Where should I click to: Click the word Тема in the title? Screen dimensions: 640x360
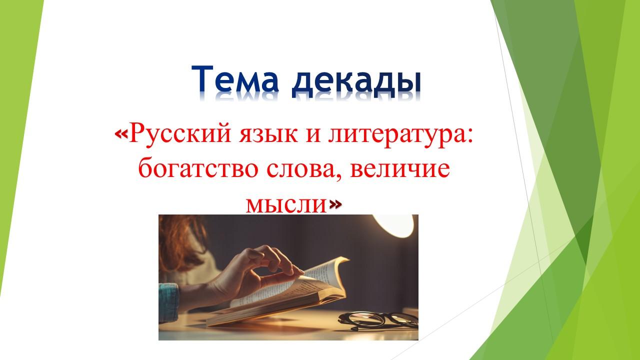[235, 78]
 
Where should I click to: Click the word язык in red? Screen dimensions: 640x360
[268, 135]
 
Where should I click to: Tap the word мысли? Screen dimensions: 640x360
[286, 205]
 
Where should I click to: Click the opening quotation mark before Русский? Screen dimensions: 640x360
[121, 133]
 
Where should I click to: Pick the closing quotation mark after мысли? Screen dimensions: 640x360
[335, 204]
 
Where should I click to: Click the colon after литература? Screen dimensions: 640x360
[469, 135]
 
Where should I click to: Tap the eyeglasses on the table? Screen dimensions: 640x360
[377, 320]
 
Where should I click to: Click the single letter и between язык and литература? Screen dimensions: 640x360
[313, 135]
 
